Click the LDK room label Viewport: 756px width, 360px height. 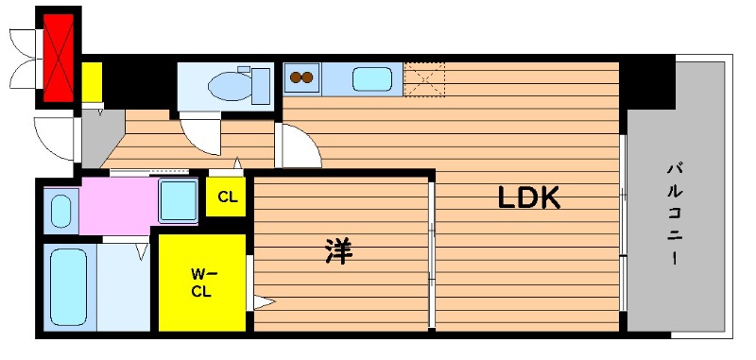pos(528,197)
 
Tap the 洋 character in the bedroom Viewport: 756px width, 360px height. pos(339,251)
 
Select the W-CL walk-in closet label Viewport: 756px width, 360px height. pos(202,283)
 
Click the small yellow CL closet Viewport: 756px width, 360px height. pos(226,197)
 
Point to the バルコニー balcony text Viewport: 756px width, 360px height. pos(675,214)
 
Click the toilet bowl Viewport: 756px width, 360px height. pos(231,86)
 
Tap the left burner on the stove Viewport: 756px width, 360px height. pos(294,77)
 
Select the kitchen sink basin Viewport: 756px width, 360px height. pos(371,79)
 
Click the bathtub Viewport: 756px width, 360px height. pos(69,286)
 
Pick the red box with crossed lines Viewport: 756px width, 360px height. pos(59,58)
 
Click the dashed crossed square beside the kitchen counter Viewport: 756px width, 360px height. pos(423,79)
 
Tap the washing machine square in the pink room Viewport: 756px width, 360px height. pos(179,201)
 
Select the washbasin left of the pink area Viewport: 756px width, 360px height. pos(61,211)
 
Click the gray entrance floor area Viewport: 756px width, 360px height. pos(100,136)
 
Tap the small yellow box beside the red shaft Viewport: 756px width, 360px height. pos(92,82)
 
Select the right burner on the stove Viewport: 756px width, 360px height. pos(307,77)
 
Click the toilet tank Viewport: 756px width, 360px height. pos(261,86)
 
